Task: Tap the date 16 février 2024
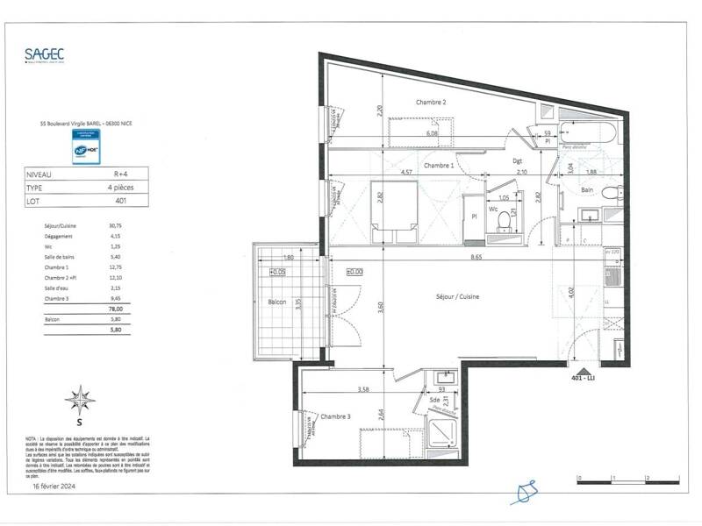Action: click(56, 484)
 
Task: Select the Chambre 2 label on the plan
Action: click(431, 103)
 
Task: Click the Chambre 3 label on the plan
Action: click(335, 416)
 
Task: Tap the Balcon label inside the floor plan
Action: click(277, 302)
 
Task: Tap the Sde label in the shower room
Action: click(434, 402)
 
